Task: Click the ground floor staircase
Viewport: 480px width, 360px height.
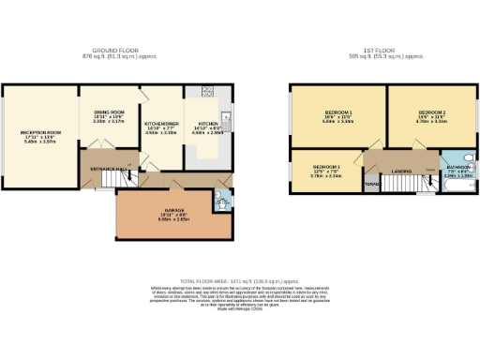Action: (113, 179)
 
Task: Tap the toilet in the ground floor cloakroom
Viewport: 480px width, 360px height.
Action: (220, 199)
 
